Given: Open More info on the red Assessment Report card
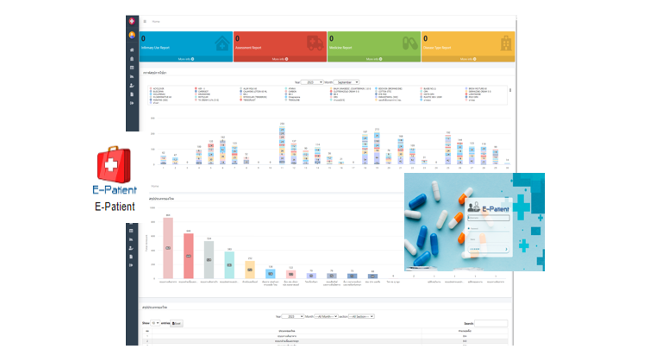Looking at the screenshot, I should click(x=280, y=59).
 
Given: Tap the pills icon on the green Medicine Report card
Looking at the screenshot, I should click(x=410, y=44).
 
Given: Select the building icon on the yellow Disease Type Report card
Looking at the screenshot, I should click(x=506, y=44).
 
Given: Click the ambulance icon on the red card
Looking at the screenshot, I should click(x=315, y=44).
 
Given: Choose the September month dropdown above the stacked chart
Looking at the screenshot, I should click(x=346, y=82).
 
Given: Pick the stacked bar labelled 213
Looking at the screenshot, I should click(x=377, y=148).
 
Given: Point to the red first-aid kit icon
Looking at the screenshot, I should click(x=114, y=165).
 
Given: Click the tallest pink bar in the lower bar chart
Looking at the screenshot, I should click(x=168, y=248).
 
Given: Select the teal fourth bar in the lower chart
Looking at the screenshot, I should click(x=229, y=265).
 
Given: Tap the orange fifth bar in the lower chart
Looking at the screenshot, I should click(x=250, y=270).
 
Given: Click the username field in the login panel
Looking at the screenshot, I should click(x=488, y=218).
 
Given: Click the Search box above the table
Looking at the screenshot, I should click(x=491, y=323).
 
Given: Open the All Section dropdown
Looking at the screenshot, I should click(x=361, y=316).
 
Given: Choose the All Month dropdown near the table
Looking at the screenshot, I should click(x=326, y=316).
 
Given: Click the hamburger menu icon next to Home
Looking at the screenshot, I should click(x=145, y=21).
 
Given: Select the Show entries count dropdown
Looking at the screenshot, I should click(x=155, y=323).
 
